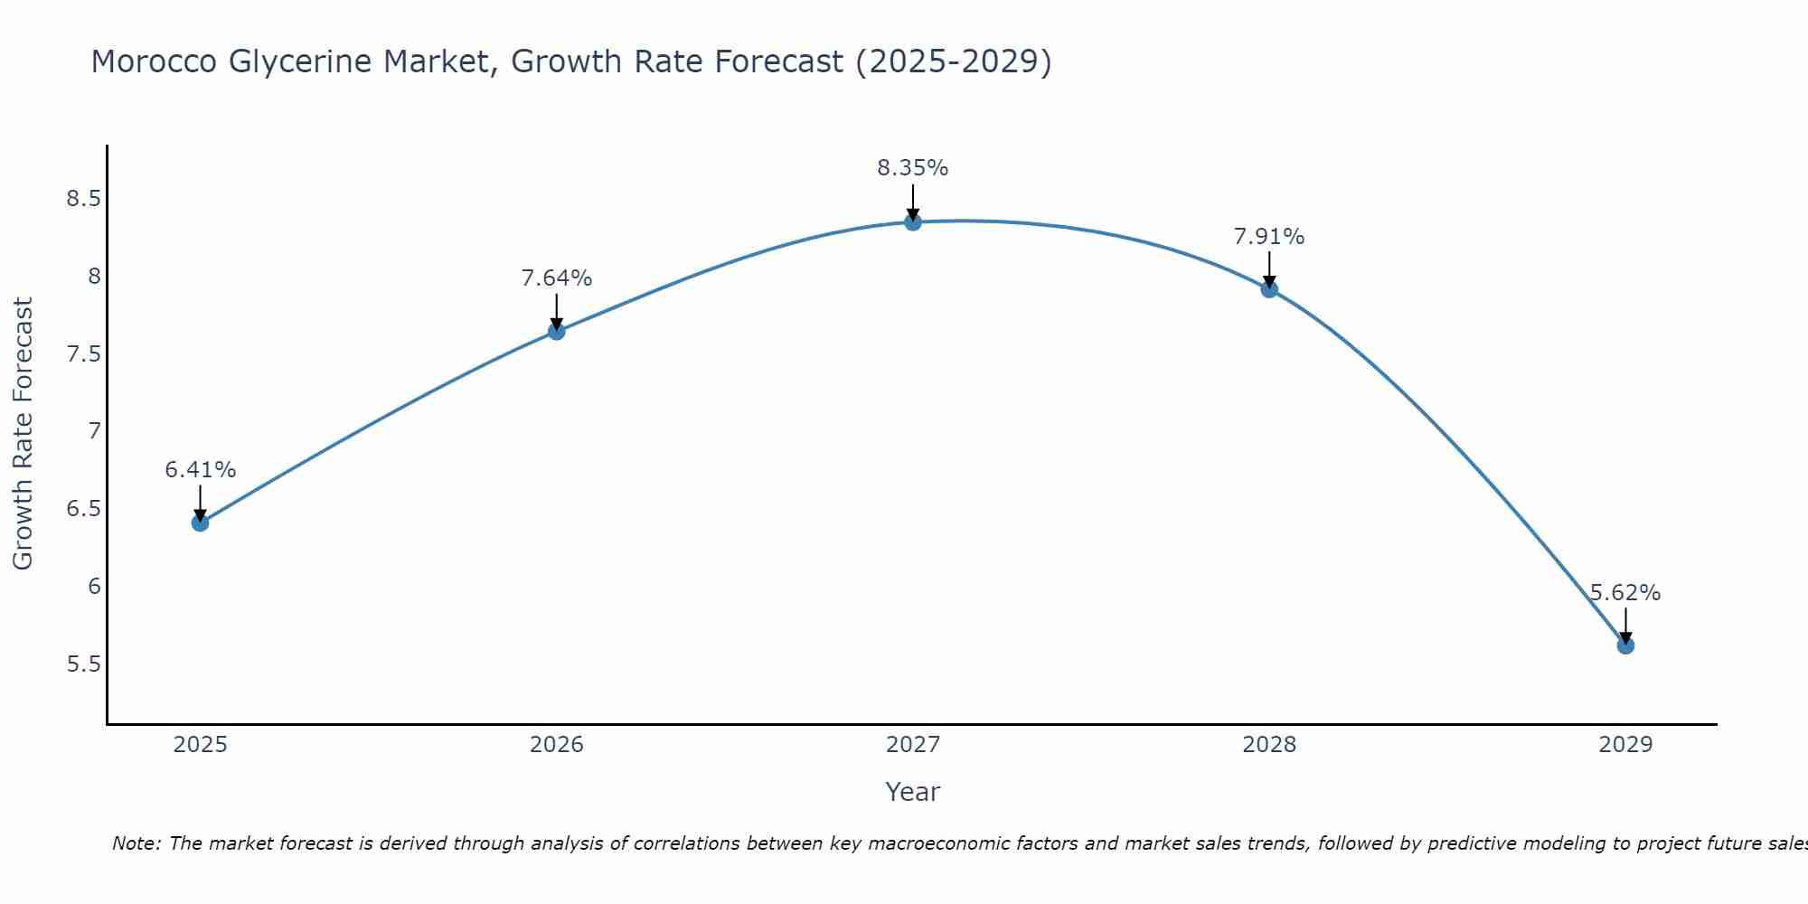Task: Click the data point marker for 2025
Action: click(x=200, y=523)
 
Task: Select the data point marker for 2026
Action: click(x=556, y=331)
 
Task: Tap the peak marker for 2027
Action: click(x=913, y=221)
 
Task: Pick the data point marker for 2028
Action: click(x=1269, y=289)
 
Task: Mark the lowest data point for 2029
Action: click(x=1625, y=645)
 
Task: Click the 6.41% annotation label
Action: click(x=200, y=470)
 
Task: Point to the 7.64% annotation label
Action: click(x=556, y=278)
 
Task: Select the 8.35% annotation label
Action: click(x=913, y=168)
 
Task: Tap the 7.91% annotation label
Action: click(x=1269, y=237)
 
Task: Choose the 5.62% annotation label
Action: click(x=1625, y=593)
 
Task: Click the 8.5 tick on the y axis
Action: click(x=83, y=199)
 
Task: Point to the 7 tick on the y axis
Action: click(x=94, y=431)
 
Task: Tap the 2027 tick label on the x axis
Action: click(x=913, y=745)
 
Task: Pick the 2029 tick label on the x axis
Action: click(x=1625, y=745)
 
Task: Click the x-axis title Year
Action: click(x=913, y=792)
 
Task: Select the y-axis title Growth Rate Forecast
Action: click(x=23, y=433)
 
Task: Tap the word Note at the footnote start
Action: click(x=136, y=843)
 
